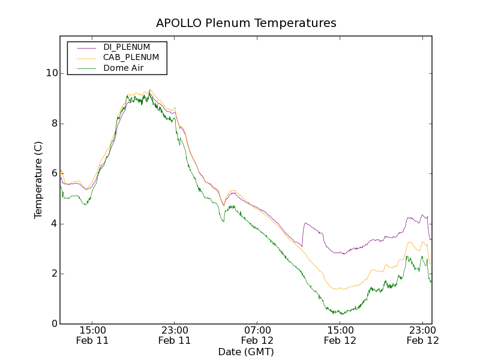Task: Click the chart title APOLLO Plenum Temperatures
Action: coord(246,23)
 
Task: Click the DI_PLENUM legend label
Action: coord(127,47)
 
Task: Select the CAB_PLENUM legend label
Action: coord(131,58)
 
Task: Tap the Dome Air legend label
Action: coord(123,68)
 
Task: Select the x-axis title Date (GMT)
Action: coord(246,352)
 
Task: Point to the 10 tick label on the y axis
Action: coord(52,74)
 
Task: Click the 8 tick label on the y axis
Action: coord(54,124)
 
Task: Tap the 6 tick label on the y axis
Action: coord(54,174)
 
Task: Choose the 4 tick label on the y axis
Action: coord(54,224)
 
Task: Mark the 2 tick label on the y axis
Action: coord(54,274)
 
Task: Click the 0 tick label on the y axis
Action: coord(54,324)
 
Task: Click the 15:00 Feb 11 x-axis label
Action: coord(92,335)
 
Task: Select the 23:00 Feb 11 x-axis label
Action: coord(175,335)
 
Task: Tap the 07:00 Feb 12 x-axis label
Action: coord(257,335)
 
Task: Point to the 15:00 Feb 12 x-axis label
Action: coord(340,335)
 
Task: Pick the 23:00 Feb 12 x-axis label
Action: coord(423,335)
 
